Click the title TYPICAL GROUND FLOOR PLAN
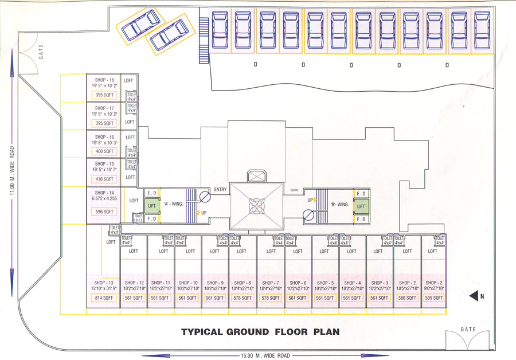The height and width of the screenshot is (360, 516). [260, 331]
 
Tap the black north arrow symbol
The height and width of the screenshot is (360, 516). [474, 296]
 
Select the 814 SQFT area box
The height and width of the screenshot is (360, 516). [103, 298]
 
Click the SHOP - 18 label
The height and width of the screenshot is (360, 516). [104, 80]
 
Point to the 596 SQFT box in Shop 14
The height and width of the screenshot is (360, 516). [104, 212]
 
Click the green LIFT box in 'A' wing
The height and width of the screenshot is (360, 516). [152, 205]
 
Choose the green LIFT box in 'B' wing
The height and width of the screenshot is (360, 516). [361, 206]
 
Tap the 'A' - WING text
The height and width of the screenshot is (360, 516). [174, 203]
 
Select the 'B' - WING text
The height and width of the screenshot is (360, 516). [339, 204]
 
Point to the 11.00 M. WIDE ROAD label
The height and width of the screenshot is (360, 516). [11, 172]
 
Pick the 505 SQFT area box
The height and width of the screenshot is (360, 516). [434, 298]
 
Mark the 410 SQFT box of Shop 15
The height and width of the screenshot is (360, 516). [104, 179]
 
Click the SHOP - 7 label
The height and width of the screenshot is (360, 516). [269, 283]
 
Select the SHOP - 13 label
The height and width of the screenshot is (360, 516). [103, 283]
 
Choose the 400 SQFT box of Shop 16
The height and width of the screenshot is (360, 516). [104, 151]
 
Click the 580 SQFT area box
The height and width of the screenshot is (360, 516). [406, 298]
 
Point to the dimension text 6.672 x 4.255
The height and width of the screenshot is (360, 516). [104, 199]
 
